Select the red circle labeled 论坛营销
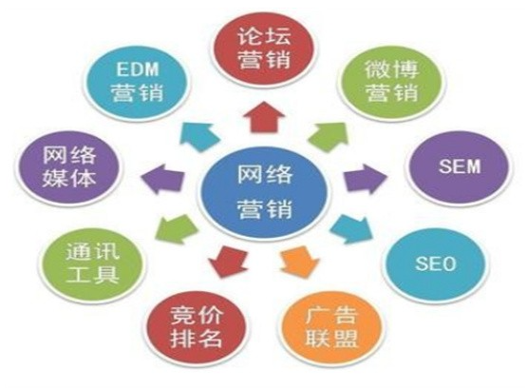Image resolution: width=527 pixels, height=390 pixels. [264, 49]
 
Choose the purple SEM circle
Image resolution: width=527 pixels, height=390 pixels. [459, 167]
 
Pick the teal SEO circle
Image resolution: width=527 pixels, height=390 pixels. [435, 264]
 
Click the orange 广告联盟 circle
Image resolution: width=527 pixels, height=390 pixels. [331, 326]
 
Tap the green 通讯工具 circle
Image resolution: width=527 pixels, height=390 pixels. [92, 264]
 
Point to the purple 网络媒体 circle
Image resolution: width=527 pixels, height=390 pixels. [69, 167]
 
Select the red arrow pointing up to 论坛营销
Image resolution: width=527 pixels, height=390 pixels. [264, 117]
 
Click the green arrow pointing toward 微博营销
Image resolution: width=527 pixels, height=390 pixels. [329, 137]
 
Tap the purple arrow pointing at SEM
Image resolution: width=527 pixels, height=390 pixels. [366, 179]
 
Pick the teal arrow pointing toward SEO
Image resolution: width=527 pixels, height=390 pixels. [352, 229]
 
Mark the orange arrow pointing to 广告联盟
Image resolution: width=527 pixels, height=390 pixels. [300, 262]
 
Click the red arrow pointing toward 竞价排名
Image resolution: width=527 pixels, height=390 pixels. [228, 262]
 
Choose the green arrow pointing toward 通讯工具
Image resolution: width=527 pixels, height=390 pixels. [177, 229]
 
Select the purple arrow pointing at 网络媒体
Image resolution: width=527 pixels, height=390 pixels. [162, 179]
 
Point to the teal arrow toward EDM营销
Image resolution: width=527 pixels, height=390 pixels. [199, 137]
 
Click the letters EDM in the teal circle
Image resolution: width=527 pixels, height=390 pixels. [137, 69]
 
